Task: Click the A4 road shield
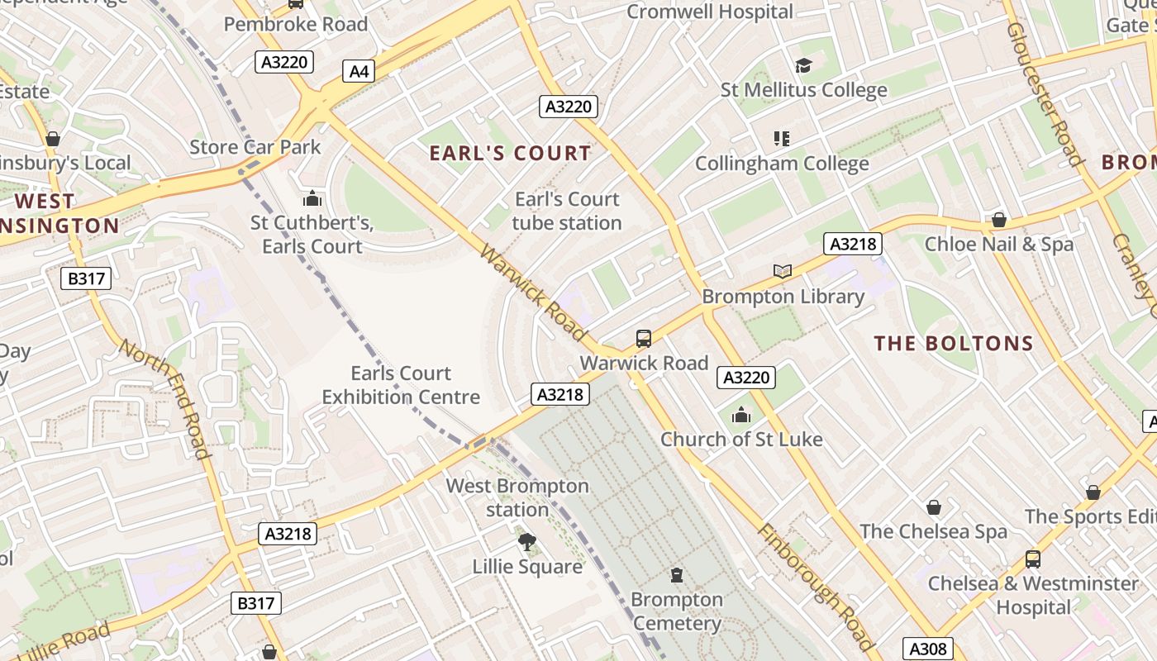[359, 71]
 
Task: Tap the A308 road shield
[927, 649]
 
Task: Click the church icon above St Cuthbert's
[312, 198]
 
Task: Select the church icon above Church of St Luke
[741, 415]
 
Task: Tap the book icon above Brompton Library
[782, 271]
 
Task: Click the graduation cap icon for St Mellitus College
[803, 65]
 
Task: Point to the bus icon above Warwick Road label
[644, 338]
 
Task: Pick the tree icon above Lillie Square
[526, 542]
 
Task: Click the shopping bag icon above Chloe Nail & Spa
[998, 220]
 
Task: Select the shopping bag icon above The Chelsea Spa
[933, 506]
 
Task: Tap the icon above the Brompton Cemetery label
[677, 575]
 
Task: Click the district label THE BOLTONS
[954, 344]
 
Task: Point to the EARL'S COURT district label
[510, 153]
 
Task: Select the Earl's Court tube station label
[567, 211]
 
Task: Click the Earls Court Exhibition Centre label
[401, 385]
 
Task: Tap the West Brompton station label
[517, 497]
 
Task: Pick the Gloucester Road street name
[1044, 93]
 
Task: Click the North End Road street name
[164, 397]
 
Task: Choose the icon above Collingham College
[781, 138]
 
